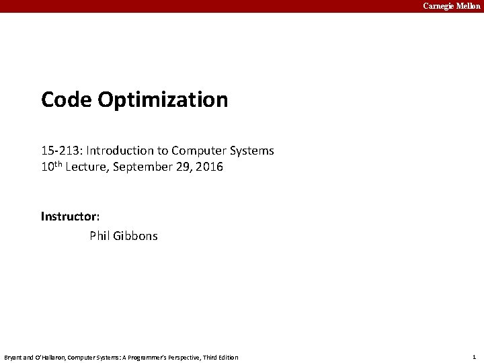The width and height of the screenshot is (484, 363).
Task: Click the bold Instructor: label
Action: [x=71, y=216]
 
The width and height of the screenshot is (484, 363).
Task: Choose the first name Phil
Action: [x=100, y=236]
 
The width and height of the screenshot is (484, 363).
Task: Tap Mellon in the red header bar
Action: [x=468, y=6]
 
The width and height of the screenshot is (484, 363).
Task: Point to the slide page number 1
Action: [x=474, y=357]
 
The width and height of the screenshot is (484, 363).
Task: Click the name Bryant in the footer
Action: [x=13, y=358]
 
